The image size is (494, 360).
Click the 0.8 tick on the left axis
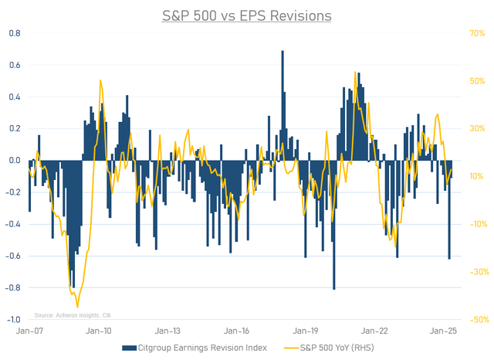15,34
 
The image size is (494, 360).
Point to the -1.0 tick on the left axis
14,319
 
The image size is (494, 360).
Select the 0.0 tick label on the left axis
15,161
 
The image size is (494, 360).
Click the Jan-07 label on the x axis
29,331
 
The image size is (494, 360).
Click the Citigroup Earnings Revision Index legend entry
199,348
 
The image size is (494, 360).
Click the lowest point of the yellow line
78,307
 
